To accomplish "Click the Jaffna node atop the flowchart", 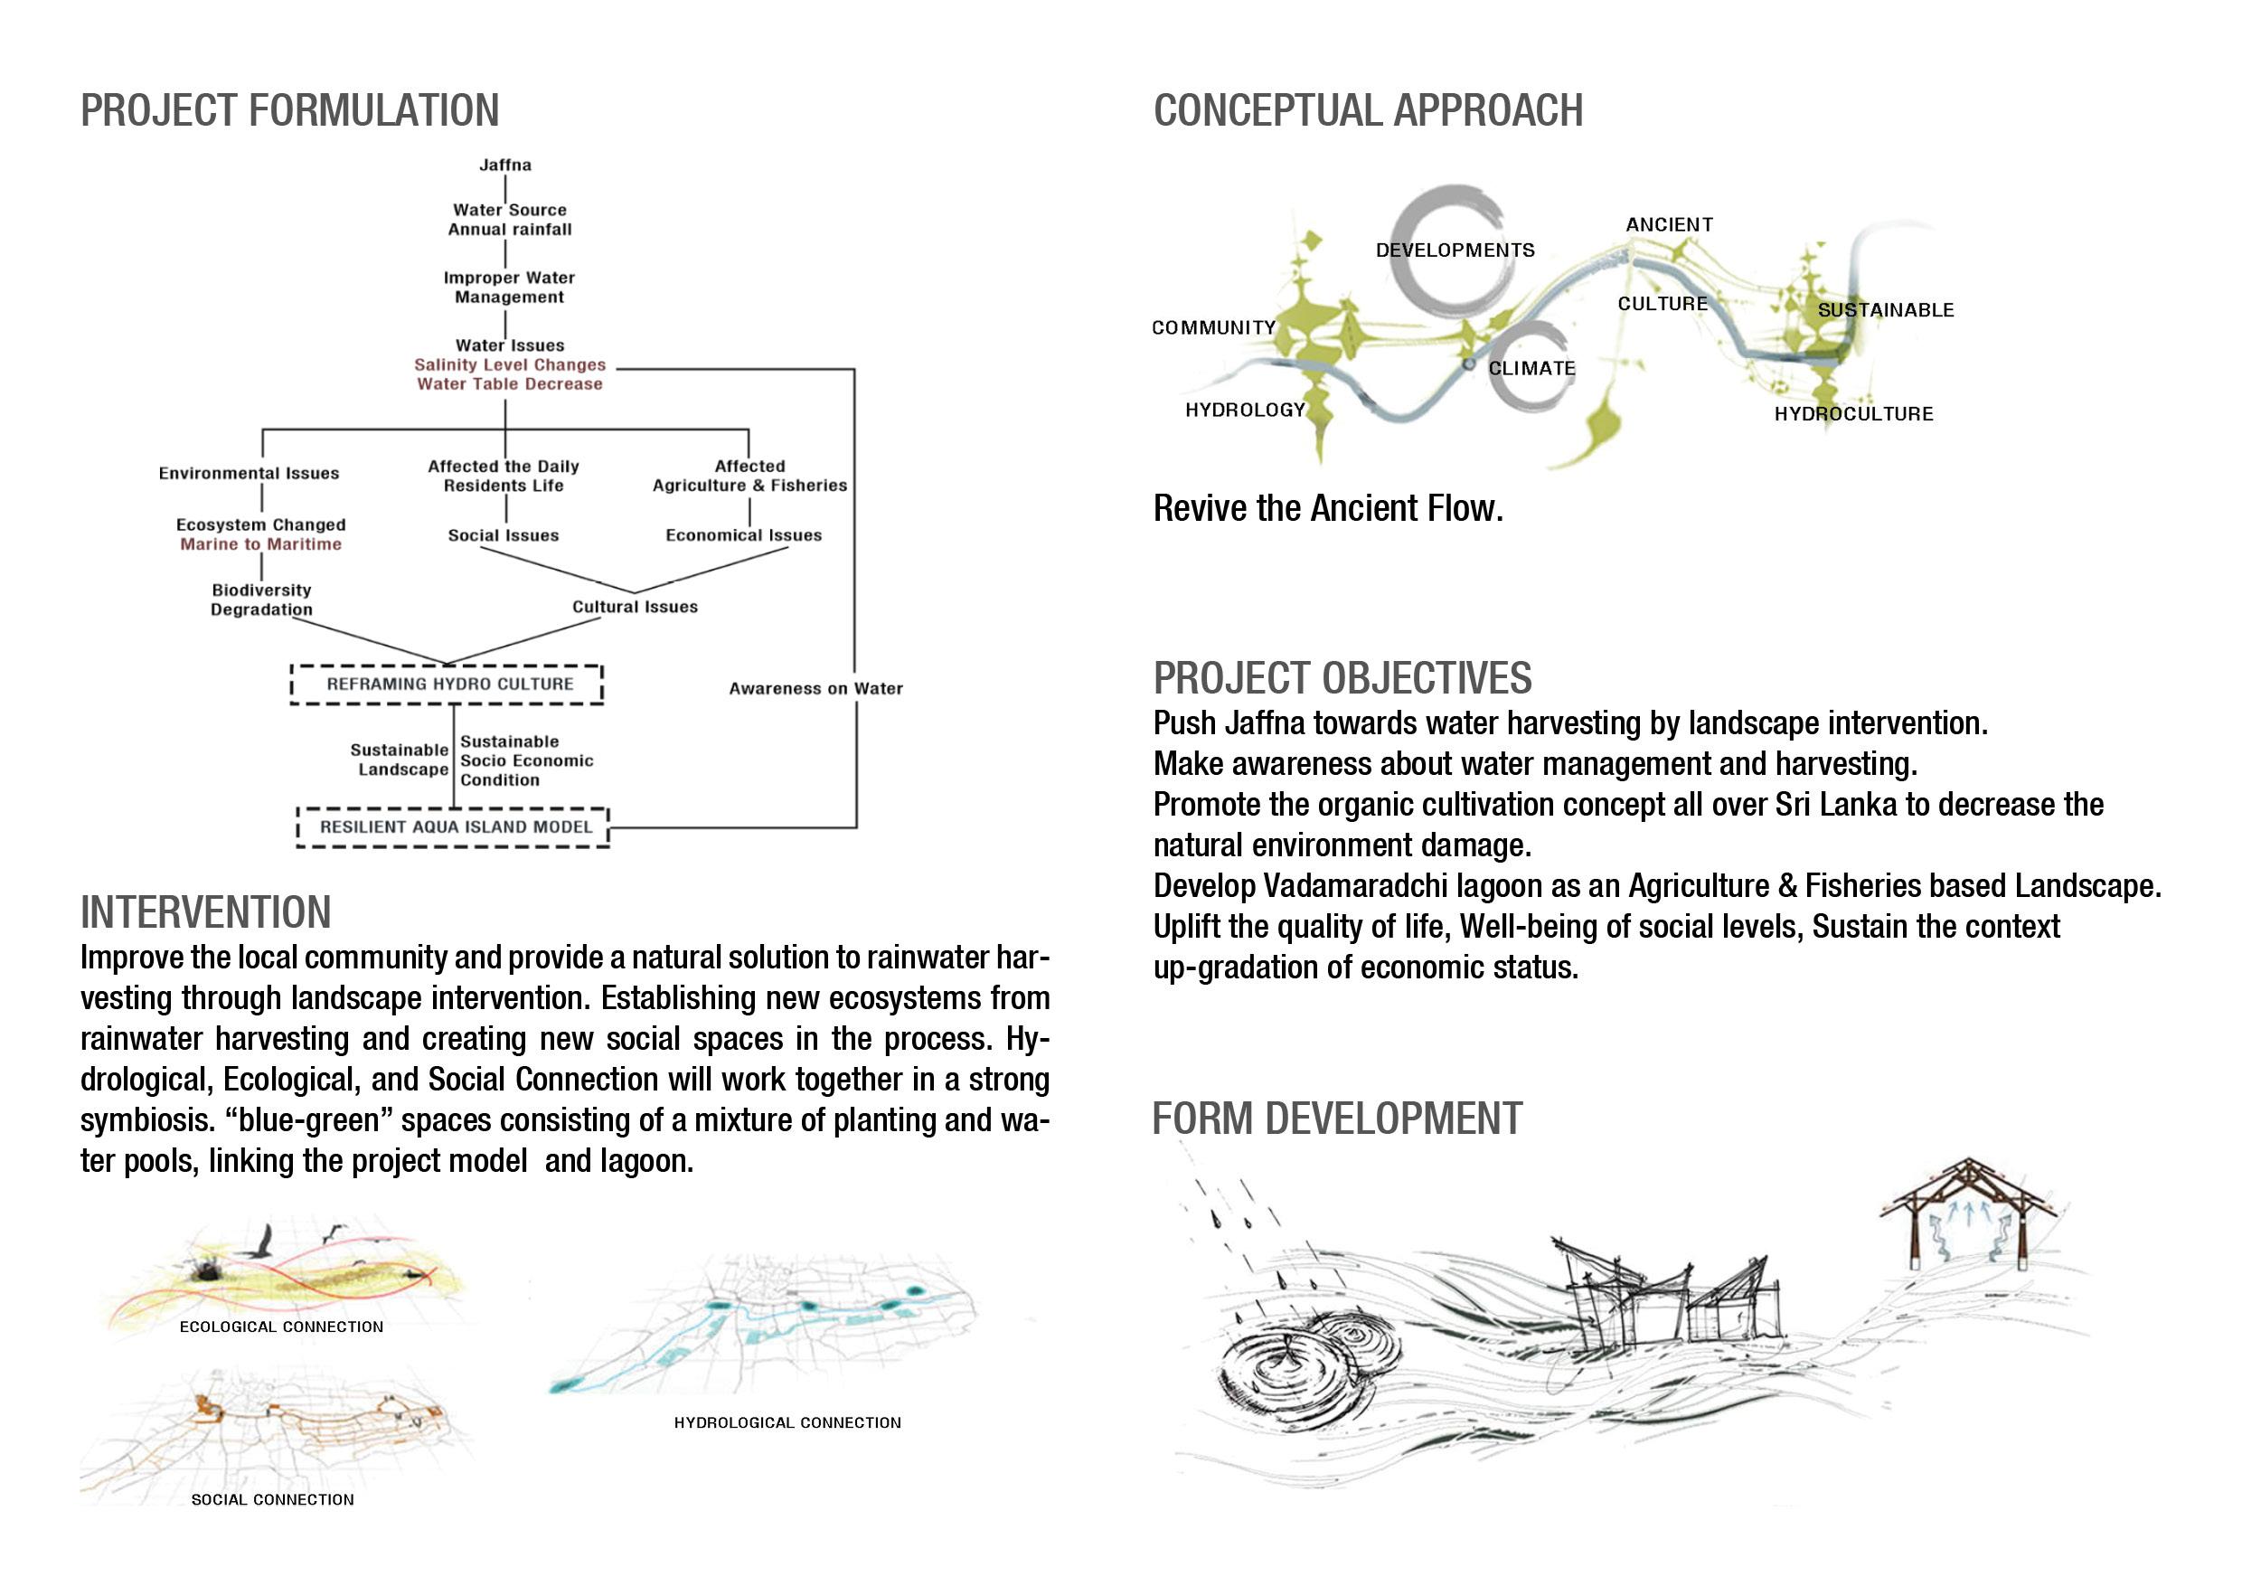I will point(504,165).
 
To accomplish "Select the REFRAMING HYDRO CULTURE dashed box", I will point(449,684).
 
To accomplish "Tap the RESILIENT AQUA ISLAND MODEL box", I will point(455,827).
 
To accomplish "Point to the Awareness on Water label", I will point(815,688).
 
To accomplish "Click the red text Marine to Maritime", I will point(260,544).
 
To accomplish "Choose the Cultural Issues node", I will point(635,607).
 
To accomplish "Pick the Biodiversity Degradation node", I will point(261,599).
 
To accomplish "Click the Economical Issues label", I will point(743,535).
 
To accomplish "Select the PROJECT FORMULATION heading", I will point(289,110).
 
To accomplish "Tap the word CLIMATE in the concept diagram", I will point(1531,368).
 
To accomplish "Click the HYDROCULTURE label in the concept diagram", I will point(1853,414).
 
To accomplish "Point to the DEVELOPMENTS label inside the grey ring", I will point(1455,250).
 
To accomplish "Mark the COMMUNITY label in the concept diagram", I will point(1214,327).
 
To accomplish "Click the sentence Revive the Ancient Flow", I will point(1328,508).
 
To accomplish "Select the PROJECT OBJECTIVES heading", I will point(1342,678).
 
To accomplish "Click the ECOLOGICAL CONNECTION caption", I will point(281,1326).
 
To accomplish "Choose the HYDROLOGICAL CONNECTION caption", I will point(787,1423).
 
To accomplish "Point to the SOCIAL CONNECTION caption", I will point(272,1499).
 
